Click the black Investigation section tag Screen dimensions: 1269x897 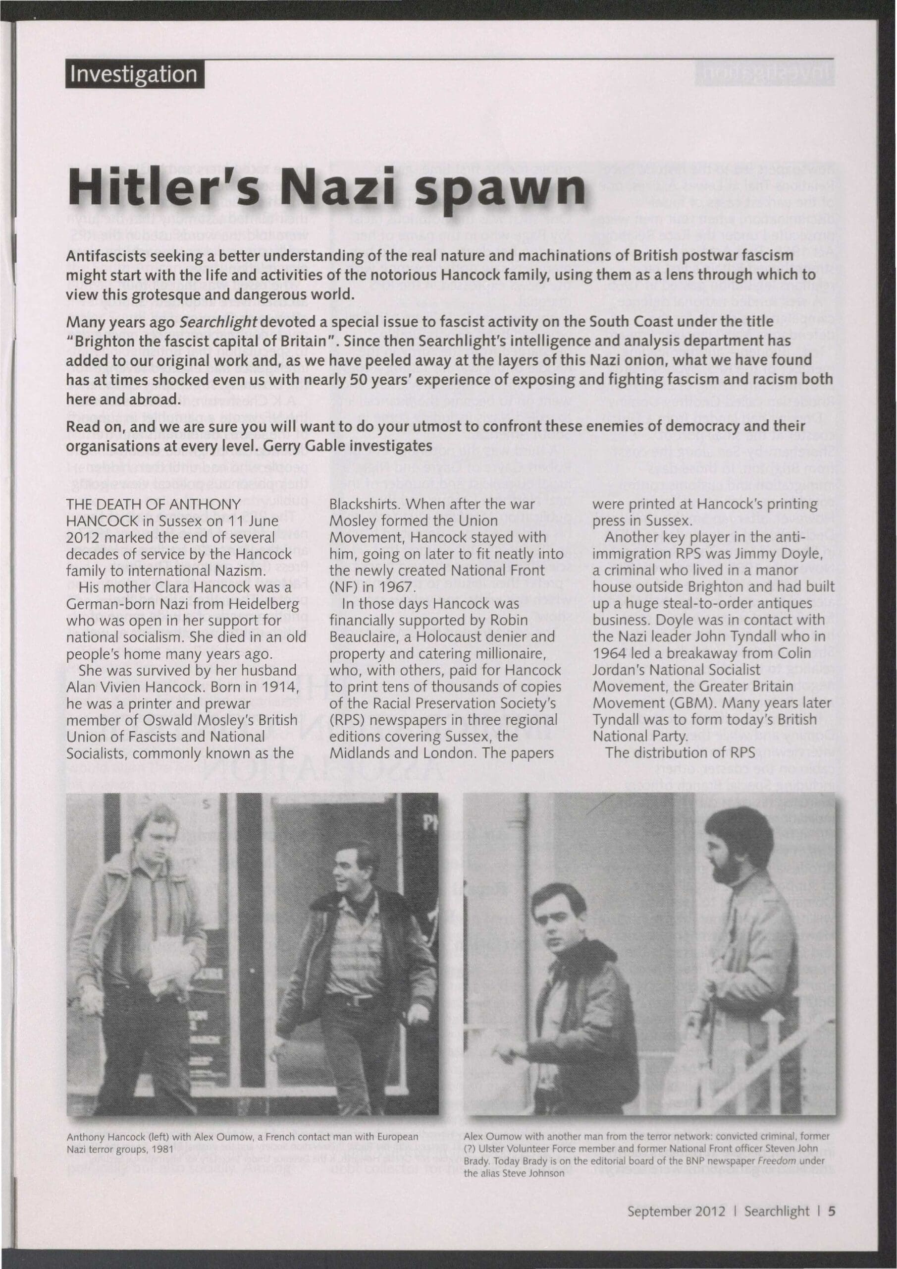coord(135,74)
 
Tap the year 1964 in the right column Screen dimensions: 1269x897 coord(613,653)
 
